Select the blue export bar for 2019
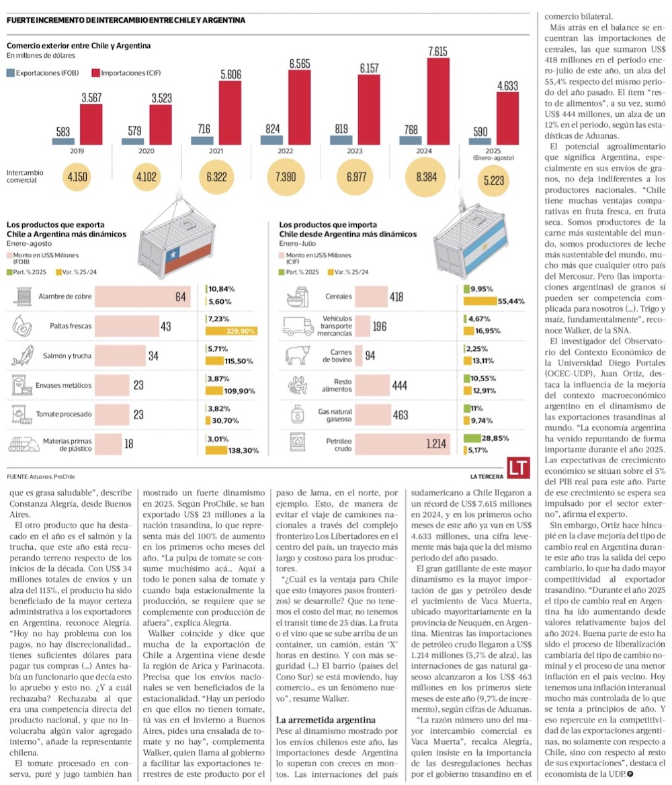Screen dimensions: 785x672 coord(63,141)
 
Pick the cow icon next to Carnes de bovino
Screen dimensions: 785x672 coord(296,356)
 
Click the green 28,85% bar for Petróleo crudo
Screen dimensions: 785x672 coord(480,438)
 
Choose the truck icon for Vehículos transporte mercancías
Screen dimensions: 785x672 coord(297,326)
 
